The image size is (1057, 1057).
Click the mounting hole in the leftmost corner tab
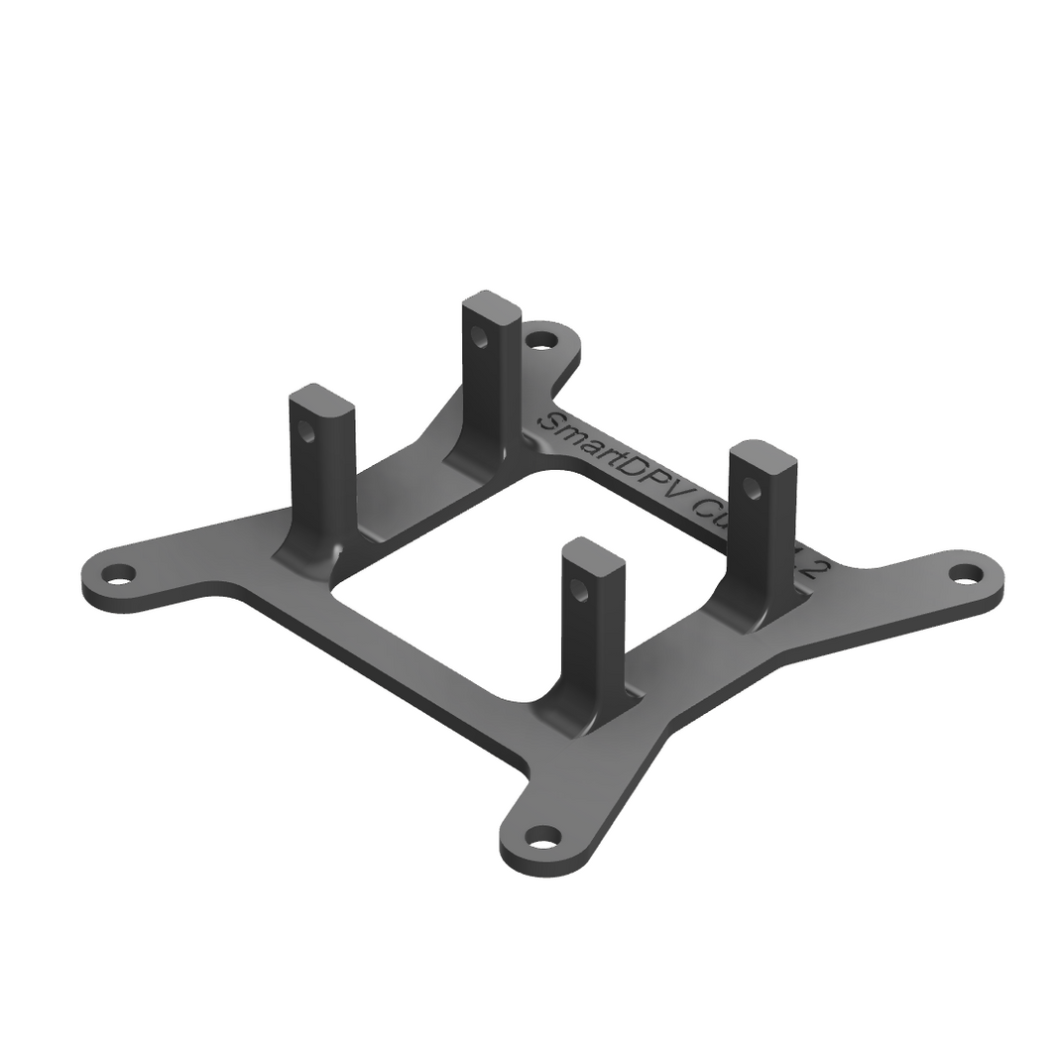tap(119, 573)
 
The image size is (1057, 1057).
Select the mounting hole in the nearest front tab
tap(541, 838)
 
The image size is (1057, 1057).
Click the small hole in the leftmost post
tap(307, 432)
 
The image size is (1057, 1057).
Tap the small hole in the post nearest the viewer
tap(580, 592)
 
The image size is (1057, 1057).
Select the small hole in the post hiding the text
tap(753, 487)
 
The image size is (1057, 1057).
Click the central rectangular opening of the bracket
tap(526, 585)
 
